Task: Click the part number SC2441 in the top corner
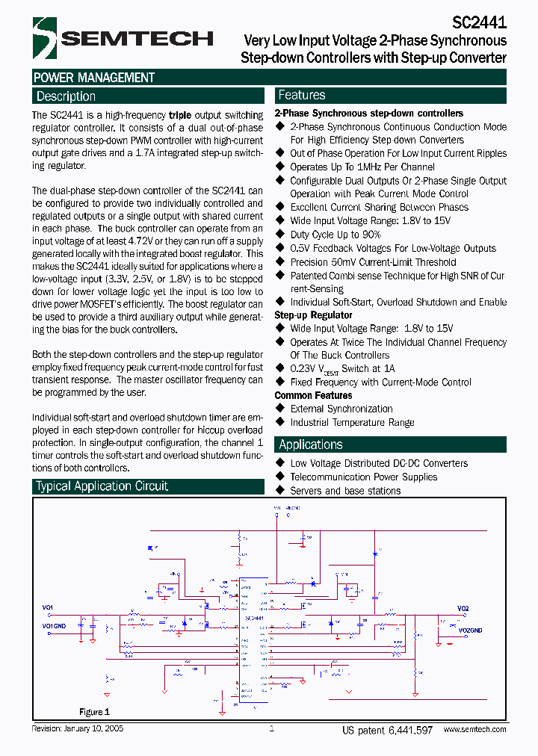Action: pyautogui.click(x=480, y=23)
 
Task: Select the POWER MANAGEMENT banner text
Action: pyautogui.click(x=94, y=78)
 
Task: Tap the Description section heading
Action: pyautogui.click(x=66, y=96)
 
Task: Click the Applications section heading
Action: pyautogui.click(x=310, y=444)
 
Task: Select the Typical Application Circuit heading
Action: pyautogui.click(x=102, y=486)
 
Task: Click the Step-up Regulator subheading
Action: pyautogui.click(x=313, y=315)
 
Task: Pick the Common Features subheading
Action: pyautogui.click(x=313, y=395)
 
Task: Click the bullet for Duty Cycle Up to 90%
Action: pyautogui.click(x=281, y=235)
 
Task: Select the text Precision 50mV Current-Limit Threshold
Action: pyautogui.click(x=373, y=262)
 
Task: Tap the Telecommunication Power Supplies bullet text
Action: pyautogui.click(x=364, y=477)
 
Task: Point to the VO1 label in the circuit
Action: pyautogui.click(x=48, y=608)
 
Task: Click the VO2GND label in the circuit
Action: pyautogui.click(x=470, y=630)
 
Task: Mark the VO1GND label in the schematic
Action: pyautogui.click(x=54, y=625)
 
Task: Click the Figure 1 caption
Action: pyautogui.click(x=95, y=712)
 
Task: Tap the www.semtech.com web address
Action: pyautogui.click(x=474, y=730)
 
